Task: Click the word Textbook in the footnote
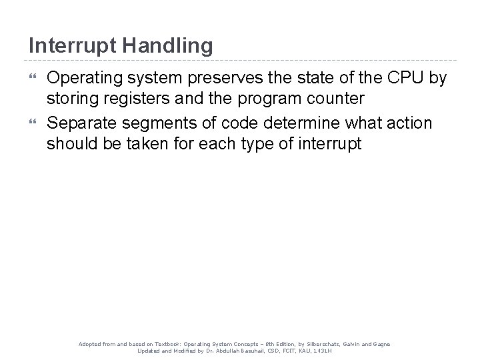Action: coord(167,343)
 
